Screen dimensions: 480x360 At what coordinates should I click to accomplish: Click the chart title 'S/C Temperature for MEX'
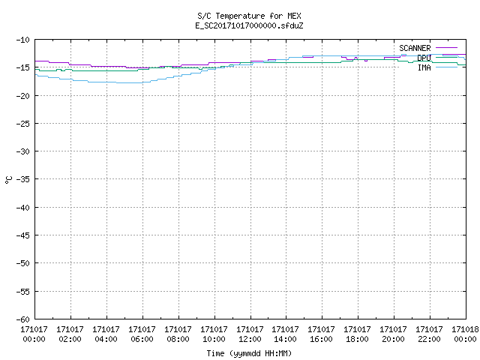pyautogui.click(x=249, y=16)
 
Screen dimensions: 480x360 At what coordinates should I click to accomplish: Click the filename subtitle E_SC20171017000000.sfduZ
pyautogui.click(x=249, y=25)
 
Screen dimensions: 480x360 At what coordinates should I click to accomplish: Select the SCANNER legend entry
pyautogui.click(x=428, y=48)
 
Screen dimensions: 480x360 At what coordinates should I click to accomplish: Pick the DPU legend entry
pyautogui.click(x=437, y=58)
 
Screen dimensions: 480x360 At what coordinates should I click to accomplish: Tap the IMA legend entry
pyautogui.click(x=437, y=67)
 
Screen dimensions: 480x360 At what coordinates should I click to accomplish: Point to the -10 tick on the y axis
pyautogui.click(x=23, y=40)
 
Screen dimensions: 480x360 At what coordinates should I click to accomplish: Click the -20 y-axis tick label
pyautogui.click(x=23, y=96)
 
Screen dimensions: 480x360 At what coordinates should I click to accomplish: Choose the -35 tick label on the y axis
pyautogui.click(x=23, y=179)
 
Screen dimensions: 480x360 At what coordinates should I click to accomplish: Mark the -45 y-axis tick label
pyautogui.click(x=23, y=235)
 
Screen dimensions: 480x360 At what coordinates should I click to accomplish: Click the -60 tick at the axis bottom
pyautogui.click(x=23, y=319)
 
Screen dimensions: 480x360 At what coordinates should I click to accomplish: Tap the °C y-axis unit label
pyautogui.click(x=8, y=180)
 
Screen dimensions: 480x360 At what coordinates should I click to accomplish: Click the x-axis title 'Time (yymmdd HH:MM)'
pyautogui.click(x=249, y=353)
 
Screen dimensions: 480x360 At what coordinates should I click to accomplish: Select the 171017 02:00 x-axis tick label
pyautogui.click(x=70, y=334)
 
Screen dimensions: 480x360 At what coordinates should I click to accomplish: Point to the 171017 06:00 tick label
pyautogui.click(x=142, y=334)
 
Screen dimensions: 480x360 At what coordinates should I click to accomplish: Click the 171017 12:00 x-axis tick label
pyautogui.click(x=250, y=334)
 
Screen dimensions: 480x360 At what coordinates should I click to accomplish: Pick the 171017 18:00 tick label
pyautogui.click(x=357, y=334)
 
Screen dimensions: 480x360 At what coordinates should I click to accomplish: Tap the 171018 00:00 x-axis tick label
pyautogui.click(x=465, y=334)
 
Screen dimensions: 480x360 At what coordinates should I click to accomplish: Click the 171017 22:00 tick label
pyautogui.click(x=429, y=334)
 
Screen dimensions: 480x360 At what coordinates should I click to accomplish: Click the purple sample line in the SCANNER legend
pyautogui.click(x=447, y=48)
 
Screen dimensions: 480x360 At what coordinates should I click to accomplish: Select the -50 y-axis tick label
pyautogui.click(x=23, y=263)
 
